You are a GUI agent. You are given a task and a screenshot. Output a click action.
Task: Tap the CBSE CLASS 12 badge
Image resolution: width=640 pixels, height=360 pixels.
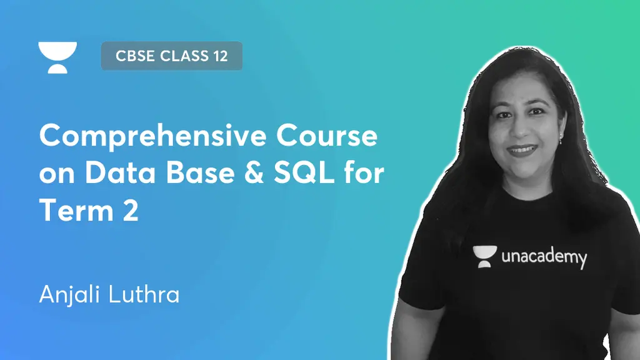tap(171, 56)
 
